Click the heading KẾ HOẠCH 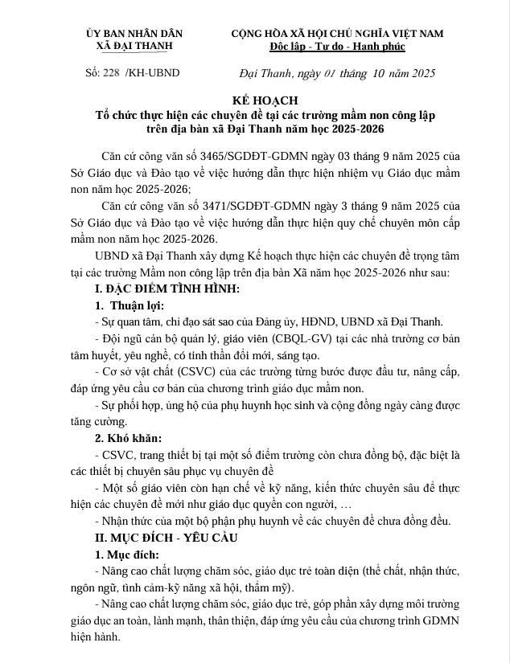pyautogui.click(x=254, y=100)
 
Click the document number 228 pyautogui.click(x=112, y=73)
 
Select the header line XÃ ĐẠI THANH pyautogui.click(x=134, y=47)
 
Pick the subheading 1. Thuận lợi pyautogui.click(x=130, y=306)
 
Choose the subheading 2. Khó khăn pyautogui.click(x=129, y=439)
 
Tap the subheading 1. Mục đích pyautogui.click(x=127, y=555)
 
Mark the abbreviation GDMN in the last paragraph pyautogui.click(x=440, y=620)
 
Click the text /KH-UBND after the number pyautogui.click(x=154, y=73)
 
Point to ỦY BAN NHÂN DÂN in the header pyautogui.click(x=134, y=33)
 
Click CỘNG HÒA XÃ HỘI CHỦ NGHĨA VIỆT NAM pyautogui.click(x=337, y=33)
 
